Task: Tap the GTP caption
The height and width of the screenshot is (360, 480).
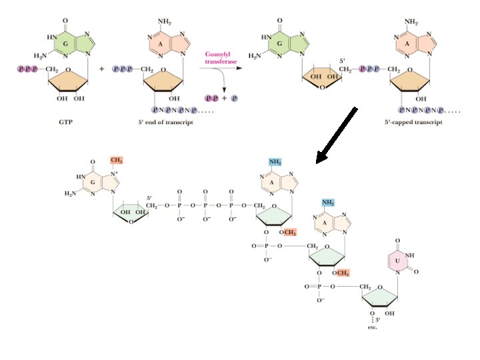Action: point(67,123)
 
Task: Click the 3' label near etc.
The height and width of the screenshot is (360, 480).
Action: point(377,320)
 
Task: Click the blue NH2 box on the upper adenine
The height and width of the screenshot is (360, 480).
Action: point(275,162)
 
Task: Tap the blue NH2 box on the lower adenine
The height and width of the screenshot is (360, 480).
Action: point(328,203)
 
